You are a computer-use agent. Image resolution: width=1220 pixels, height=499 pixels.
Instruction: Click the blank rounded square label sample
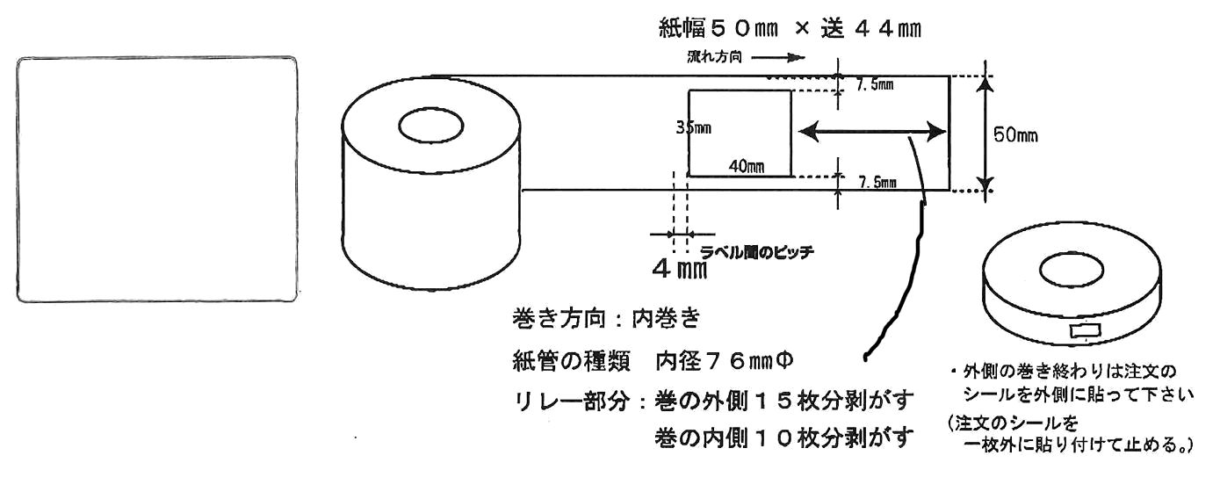(157, 180)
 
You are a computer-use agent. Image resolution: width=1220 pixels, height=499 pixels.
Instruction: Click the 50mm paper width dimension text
(1017, 135)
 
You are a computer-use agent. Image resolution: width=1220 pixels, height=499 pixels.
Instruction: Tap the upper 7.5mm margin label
(876, 85)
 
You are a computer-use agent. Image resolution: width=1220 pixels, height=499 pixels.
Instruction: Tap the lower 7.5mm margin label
(877, 183)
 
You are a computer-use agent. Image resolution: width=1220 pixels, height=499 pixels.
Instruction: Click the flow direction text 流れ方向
(715, 58)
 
